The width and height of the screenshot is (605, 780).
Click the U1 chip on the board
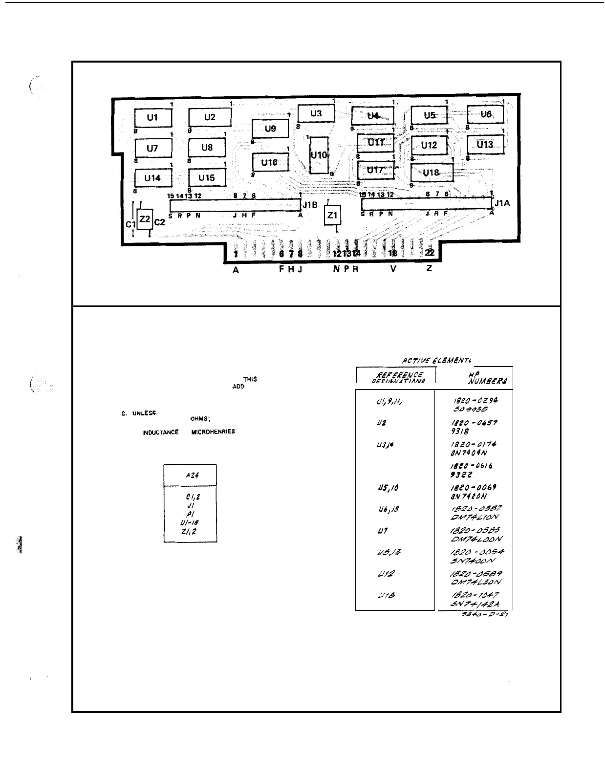[x=153, y=118]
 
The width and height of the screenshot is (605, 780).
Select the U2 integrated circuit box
[x=210, y=117]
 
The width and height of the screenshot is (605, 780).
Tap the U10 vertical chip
[x=319, y=155]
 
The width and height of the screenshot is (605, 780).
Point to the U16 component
[x=270, y=163]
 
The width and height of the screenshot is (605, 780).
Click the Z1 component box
[x=332, y=216]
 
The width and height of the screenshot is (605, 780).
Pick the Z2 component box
[x=145, y=219]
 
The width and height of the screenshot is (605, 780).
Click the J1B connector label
[x=310, y=205]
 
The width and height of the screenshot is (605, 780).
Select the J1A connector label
[x=502, y=203]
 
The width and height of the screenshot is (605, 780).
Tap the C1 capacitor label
[x=130, y=224]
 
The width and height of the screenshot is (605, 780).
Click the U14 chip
[x=152, y=178]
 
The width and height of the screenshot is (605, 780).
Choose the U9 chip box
[x=270, y=129]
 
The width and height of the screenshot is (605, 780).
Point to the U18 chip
[x=431, y=173]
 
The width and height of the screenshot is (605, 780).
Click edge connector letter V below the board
[x=393, y=269]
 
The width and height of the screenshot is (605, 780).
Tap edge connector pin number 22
[x=430, y=253]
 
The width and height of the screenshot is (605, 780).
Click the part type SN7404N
[x=466, y=453]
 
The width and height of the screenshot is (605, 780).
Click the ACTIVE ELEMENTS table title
[x=436, y=361]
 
